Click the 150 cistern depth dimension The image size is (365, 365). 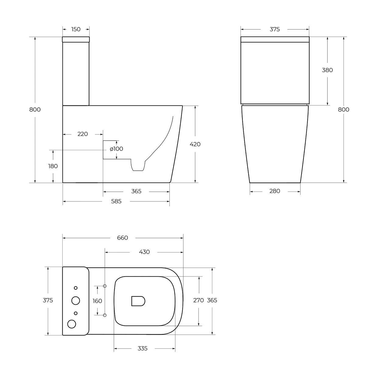(x=76, y=30)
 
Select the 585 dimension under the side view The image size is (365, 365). (x=116, y=201)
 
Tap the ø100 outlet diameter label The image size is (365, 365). (x=116, y=149)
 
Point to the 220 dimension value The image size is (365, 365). (x=83, y=134)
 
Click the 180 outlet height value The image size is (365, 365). (x=53, y=166)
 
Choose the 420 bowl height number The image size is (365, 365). (x=195, y=144)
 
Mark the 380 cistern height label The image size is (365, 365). (x=327, y=70)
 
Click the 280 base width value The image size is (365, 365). (x=275, y=191)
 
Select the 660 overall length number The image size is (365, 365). (x=123, y=238)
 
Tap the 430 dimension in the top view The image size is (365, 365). (x=144, y=252)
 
